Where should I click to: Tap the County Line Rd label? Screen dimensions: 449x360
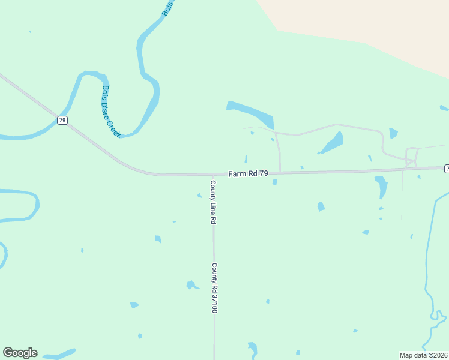point(212,202)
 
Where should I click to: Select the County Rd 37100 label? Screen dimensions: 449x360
point(214,288)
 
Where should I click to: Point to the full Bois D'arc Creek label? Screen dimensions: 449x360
point(111,112)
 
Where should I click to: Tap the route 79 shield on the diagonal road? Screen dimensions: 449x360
point(62,120)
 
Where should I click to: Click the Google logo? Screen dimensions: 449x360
point(20,353)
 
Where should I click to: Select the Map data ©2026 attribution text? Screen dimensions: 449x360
point(423,355)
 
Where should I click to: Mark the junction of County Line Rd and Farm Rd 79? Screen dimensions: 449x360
point(213,175)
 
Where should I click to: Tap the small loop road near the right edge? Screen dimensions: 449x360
point(412,155)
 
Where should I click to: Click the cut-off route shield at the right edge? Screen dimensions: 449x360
point(446,169)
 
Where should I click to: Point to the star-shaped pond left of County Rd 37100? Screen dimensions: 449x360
point(191,285)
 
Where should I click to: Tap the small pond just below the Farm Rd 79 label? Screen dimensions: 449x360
point(274,182)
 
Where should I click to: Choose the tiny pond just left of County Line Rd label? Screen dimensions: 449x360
point(200,195)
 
